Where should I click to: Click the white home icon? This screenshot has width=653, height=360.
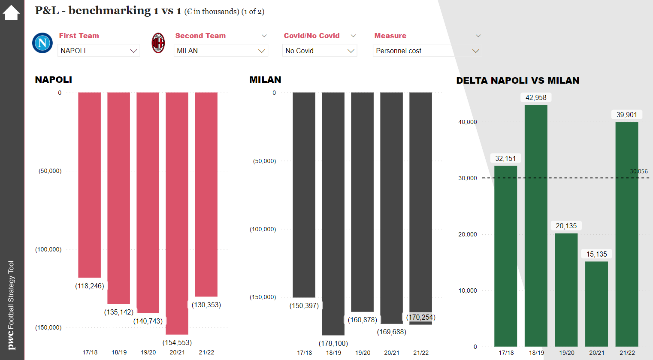(x=11, y=12)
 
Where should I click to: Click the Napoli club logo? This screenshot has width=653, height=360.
(x=42, y=43)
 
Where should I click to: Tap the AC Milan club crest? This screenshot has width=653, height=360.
(x=158, y=43)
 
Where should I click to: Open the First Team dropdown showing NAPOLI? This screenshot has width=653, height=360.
(x=99, y=51)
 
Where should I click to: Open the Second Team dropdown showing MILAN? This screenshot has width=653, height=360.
(x=221, y=51)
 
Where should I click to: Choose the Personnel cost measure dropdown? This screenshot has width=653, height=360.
(x=427, y=51)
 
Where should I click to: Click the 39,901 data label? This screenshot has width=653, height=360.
(x=626, y=115)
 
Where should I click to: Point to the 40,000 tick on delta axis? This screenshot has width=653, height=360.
(x=468, y=122)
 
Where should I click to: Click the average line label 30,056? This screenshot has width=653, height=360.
(x=639, y=171)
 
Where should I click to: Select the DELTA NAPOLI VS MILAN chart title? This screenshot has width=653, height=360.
(x=517, y=81)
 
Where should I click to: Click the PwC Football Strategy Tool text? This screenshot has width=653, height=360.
(x=11, y=305)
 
